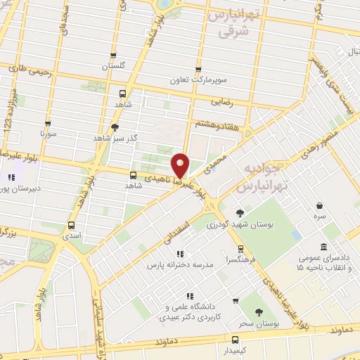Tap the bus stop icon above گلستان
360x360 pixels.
click(x=112, y=56)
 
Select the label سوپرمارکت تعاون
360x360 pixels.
click(x=199, y=79)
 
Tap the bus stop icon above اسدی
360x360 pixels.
click(x=70, y=226)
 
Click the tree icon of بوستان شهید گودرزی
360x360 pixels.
click(x=240, y=213)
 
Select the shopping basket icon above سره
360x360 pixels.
click(x=320, y=206)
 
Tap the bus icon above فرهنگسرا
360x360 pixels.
click(x=240, y=248)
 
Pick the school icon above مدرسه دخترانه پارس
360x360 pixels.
click(x=180, y=254)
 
